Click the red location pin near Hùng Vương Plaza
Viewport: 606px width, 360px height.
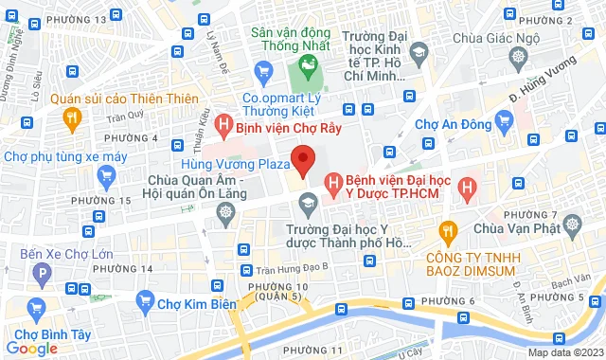coord(302,159)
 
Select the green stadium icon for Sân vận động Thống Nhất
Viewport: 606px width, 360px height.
coord(306,66)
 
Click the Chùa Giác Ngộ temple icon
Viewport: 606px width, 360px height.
coord(520,59)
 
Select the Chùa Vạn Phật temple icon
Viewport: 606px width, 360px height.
coord(573,225)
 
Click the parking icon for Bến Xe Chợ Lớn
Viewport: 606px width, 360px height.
coord(41,275)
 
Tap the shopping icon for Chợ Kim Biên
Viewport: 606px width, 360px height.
coord(145,302)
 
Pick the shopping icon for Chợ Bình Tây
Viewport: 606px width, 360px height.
coord(37,308)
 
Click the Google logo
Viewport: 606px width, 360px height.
coord(30,348)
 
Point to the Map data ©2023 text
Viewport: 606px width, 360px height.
coord(564,352)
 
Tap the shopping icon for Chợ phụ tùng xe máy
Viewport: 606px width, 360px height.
coord(106,175)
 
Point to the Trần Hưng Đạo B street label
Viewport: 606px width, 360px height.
coord(294,266)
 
